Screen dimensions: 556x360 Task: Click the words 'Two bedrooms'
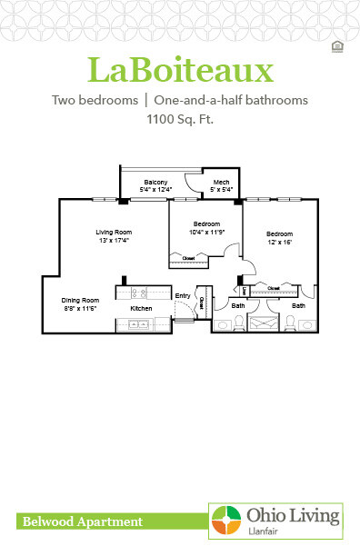tap(90, 100)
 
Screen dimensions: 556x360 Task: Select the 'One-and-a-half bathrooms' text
tap(231, 100)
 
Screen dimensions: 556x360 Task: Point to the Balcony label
tap(155, 183)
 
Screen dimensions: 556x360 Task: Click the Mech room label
tap(221, 183)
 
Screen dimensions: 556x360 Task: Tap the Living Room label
tap(114, 233)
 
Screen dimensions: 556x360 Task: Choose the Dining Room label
tap(79, 301)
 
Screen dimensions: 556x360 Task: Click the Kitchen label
tap(141, 309)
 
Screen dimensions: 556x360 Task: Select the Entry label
tap(183, 295)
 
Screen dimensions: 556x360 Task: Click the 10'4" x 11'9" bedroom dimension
tap(206, 232)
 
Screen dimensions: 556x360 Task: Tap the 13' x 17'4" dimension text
tap(114, 241)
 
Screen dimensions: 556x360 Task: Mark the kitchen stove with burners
tap(139, 293)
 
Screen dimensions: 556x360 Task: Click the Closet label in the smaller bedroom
tap(188, 258)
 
